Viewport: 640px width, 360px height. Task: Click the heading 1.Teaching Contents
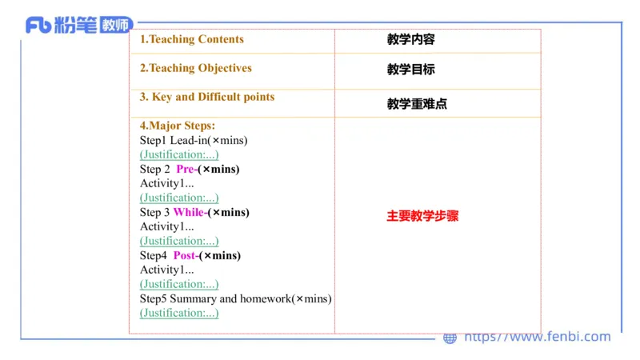click(192, 39)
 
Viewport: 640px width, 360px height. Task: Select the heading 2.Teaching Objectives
click(196, 68)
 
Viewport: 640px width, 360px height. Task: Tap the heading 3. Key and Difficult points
click(207, 97)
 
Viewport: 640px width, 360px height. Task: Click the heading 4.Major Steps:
click(178, 126)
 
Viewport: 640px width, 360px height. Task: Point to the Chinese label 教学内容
click(410, 39)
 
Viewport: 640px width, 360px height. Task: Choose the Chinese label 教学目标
click(410, 70)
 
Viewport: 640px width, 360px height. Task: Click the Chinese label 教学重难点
click(417, 104)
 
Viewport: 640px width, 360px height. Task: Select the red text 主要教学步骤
click(422, 216)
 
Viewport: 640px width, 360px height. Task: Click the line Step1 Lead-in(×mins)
click(194, 140)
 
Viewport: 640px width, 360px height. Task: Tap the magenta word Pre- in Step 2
click(186, 169)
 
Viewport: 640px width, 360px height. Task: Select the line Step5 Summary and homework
click(235, 298)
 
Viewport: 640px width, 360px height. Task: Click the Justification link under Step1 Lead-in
click(179, 154)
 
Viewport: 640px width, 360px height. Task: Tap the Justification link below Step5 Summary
click(179, 313)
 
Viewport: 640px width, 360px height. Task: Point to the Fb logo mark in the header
click(38, 26)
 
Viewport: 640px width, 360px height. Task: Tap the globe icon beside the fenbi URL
click(450, 338)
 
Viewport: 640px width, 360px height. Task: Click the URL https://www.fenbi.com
click(538, 337)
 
